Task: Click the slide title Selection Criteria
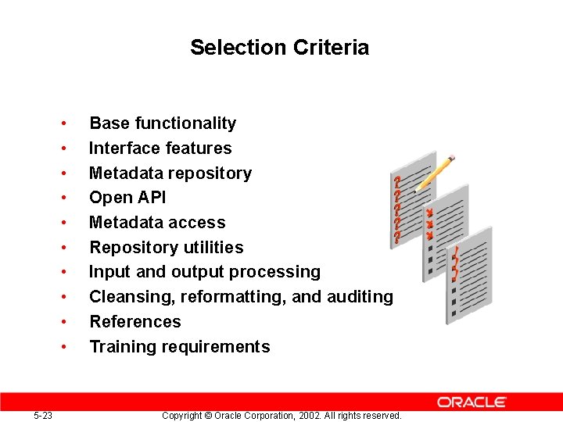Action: [279, 48]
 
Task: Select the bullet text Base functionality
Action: [162, 123]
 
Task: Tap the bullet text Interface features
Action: [160, 148]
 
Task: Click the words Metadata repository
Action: [170, 173]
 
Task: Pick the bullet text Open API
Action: [127, 198]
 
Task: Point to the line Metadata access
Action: [157, 223]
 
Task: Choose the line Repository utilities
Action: [166, 248]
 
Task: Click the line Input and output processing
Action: [204, 272]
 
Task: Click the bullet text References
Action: [134, 322]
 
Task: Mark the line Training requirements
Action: [179, 347]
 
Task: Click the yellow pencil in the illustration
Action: [436, 172]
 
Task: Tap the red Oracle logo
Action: [472, 402]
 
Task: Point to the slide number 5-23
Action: [43, 416]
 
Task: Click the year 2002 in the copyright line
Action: [301, 416]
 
